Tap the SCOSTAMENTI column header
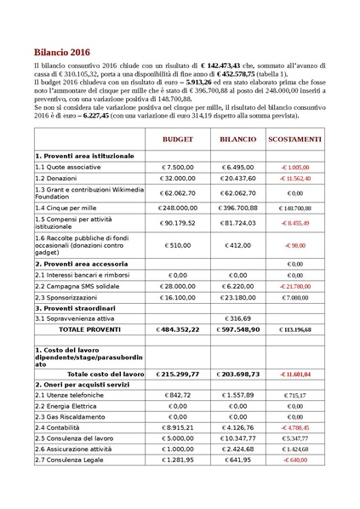point(294,138)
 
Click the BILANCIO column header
point(237,138)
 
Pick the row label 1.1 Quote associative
point(70,168)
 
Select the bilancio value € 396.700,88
point(237,207)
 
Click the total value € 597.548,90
point(237,328)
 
